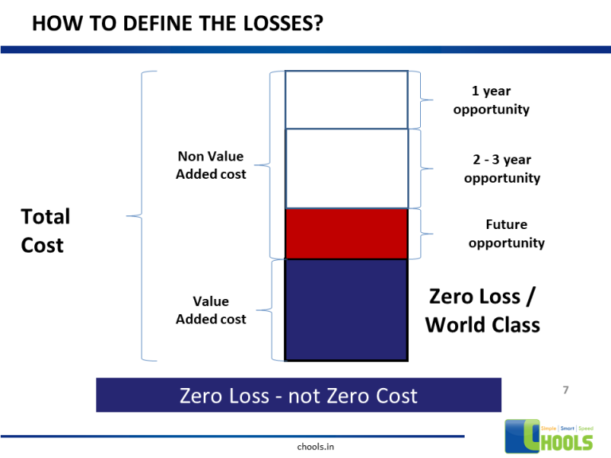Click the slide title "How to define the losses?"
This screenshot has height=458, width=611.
(x=177, y=24)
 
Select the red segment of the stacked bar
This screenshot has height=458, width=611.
(x=346, y=234)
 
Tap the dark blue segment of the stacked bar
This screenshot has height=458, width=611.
(x=346, y=309)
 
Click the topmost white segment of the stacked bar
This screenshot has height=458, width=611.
(x=346, y=99)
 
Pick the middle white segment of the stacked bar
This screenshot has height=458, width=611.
(x=346, y=169)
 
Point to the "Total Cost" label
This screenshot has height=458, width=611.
(x=45, y=231)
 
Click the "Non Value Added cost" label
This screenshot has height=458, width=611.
(x=211, y=165)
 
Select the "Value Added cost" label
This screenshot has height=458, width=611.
(x=211, y=310)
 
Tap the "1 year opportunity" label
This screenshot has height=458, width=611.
(x=491, y=100)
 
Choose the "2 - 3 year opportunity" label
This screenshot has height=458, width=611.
(x=501, y=169)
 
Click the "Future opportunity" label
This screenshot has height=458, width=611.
(x=506, y=234)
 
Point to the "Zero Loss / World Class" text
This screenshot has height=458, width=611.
(x=482, y=310)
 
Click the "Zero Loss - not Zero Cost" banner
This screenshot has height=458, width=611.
(x=298, y=395)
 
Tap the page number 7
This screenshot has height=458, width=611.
(x=565, y=390)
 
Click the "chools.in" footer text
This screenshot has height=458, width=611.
(x=314, y=447)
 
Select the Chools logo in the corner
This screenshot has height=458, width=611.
(x=550, y=437)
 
